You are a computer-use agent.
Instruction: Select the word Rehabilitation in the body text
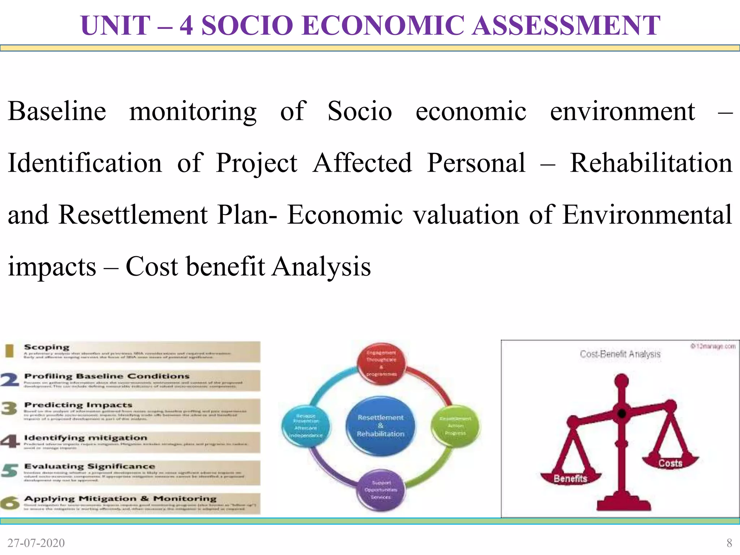tap(651, 163)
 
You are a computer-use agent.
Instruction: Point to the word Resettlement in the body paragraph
tap(133, 215)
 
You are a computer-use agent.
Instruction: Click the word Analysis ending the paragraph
tap(321, 267)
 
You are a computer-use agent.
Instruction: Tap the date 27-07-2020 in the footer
tap(36, 543)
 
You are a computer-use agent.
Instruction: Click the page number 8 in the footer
tap(729, 543)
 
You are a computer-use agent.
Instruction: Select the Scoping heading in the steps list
tap(46, 347)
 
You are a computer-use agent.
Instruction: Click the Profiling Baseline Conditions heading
tap(107, 376)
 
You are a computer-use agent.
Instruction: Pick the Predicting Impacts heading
tap(78, 405)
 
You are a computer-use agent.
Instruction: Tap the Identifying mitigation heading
tap(86, 438)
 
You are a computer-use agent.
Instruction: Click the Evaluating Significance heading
tap(89, 466)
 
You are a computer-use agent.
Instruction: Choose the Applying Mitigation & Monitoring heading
tap(120, 499)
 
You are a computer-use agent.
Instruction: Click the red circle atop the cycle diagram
tap(381, 363)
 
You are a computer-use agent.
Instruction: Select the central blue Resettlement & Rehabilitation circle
tap(380, 426)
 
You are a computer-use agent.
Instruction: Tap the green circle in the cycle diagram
tap(455, 426)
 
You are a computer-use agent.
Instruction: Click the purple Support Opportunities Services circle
tap(381, 490)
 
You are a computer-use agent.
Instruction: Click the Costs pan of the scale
tap(670, 463)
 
